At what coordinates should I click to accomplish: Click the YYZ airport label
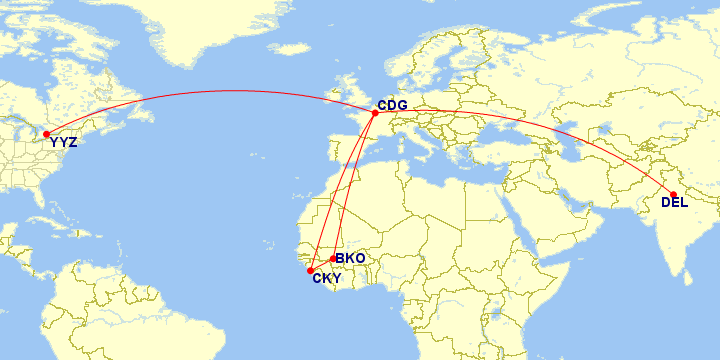coord(63,142)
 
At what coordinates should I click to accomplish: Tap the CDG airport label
coord(391,104)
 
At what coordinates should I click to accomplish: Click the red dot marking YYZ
coord(47,134)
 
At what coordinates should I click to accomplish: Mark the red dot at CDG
coord(375,113)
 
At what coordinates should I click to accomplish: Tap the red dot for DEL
coord(673,194)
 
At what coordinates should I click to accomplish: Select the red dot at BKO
coord(333,259)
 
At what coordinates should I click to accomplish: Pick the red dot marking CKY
coord(311,270)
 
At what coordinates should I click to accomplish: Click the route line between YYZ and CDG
coord(200,93)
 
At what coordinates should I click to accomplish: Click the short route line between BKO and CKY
coord(322,264)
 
